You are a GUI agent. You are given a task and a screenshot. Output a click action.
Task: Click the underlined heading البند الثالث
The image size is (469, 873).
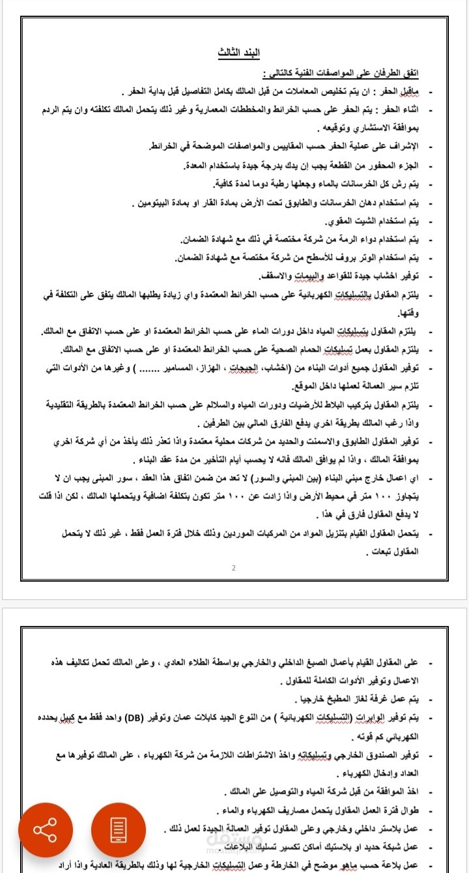pos(235,52)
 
